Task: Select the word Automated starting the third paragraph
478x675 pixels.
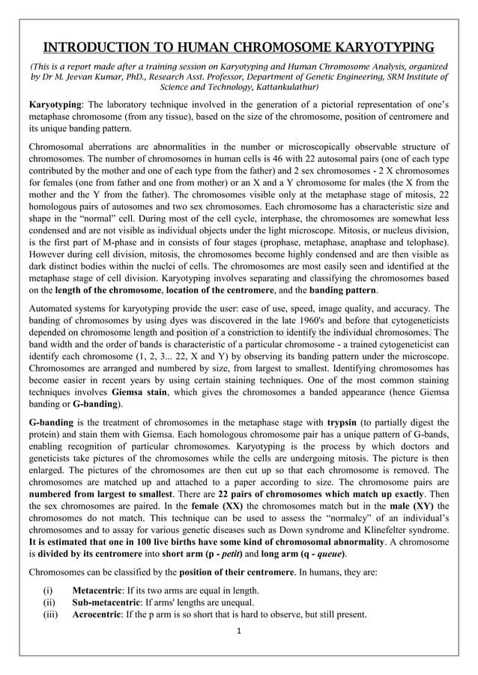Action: pyautogui.click(x=53, y=308)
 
